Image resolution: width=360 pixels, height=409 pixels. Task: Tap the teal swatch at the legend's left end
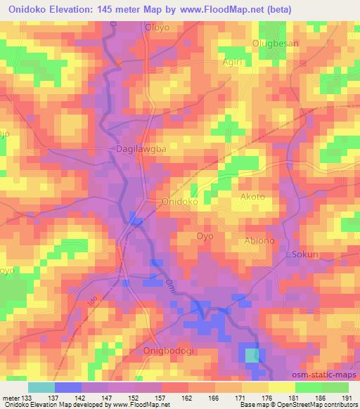click(x=41, y=387)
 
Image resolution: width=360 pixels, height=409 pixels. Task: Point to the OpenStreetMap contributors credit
click(x=322, y=405)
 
